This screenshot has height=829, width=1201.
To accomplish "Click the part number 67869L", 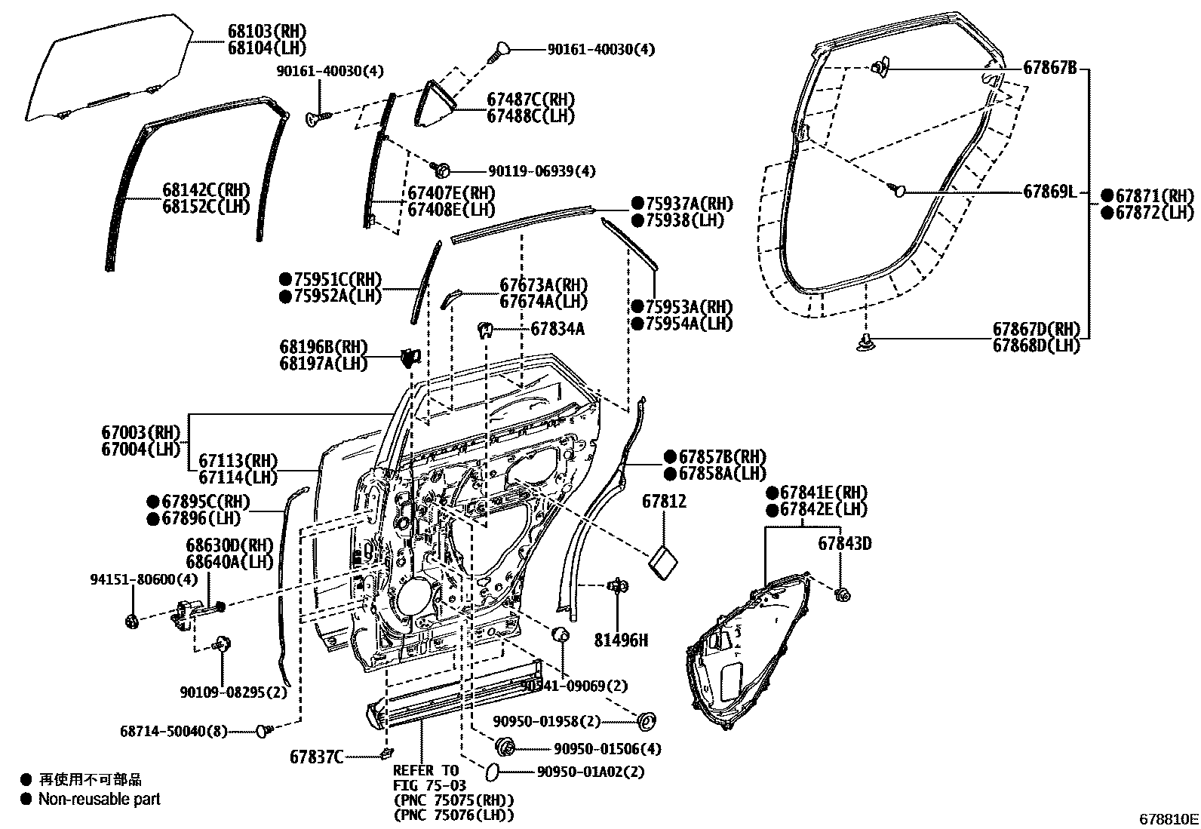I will (x=1049, y=192).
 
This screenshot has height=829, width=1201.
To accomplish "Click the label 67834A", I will (x=557, y=329).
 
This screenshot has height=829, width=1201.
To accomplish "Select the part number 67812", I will (x=665, y=501).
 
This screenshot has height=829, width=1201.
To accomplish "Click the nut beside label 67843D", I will (x=843, y=594).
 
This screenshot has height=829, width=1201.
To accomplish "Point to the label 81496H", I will (x=621, y=640).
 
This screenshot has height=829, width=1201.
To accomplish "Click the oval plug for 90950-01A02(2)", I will (x=490, y=771).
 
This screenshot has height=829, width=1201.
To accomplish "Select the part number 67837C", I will (x=317, y=756).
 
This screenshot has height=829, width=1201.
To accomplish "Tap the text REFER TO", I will (x=425, y=771).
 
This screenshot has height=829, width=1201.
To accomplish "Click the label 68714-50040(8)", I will (x=174, y=731).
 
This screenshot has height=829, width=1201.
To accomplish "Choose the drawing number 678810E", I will (x=1169, y=818).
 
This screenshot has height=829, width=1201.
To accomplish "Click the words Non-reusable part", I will (x=100, y=799).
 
